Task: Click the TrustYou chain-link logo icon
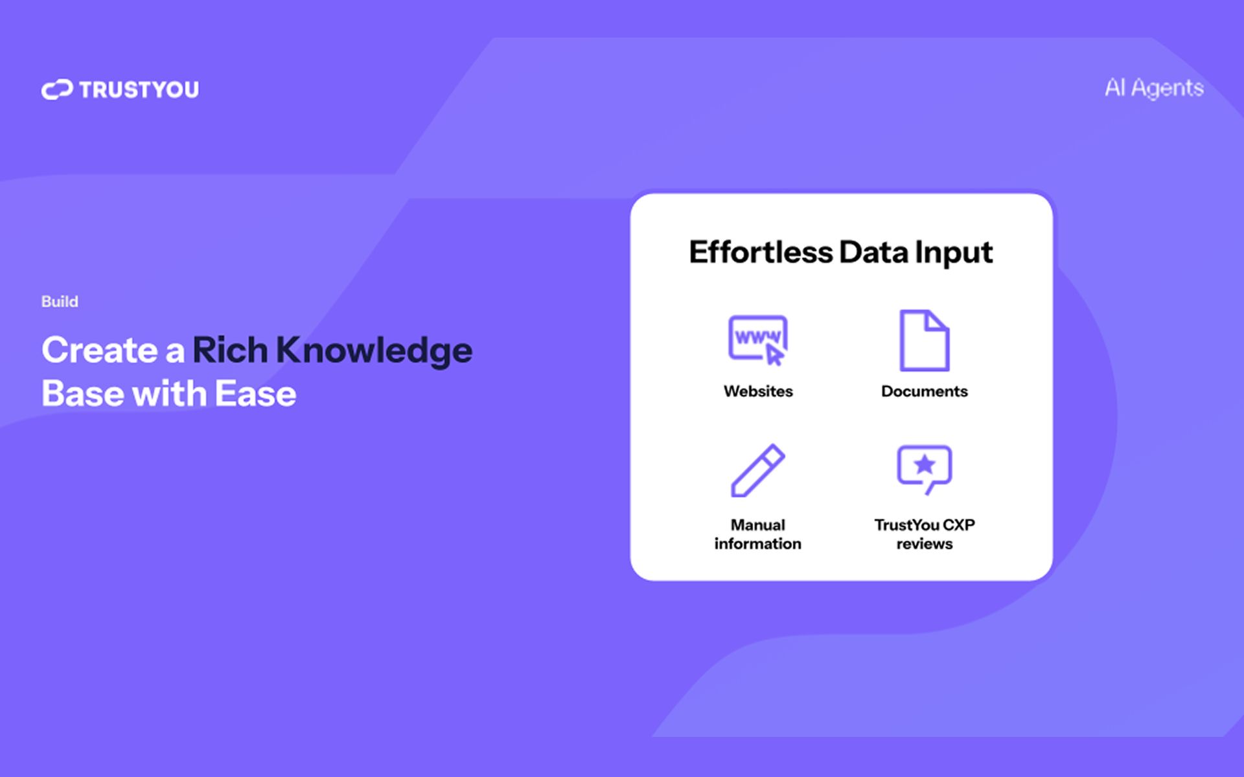pos(57,89)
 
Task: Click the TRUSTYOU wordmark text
pos(139,89)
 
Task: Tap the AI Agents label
pos(1154,88)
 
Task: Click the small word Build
pos(60,302)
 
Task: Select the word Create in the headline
pos(100,350)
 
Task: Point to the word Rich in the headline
pos(230,350)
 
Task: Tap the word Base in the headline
pos(82,394)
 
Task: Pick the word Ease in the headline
pos(255,394)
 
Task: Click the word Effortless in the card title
pos(761,252)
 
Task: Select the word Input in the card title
pos(954,253)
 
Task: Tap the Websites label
pos(758,391)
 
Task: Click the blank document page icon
pos(925,341)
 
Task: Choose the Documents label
pos(925,391)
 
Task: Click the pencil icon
pos(757,471)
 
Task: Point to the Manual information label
pos(758,534)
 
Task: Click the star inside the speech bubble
pos(925,464)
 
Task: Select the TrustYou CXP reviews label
pos(925,534)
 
